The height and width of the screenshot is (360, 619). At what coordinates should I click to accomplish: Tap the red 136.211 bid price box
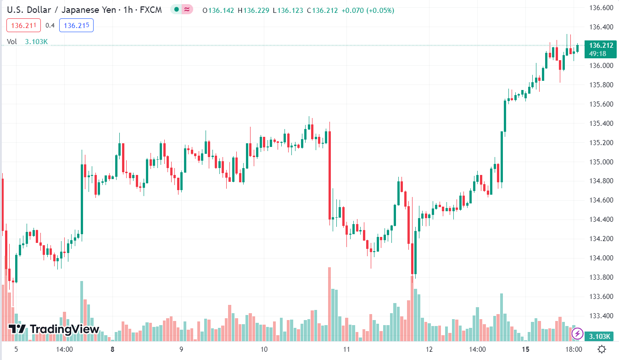(x=24, y=25)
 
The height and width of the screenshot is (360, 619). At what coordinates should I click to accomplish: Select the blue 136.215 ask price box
(x=76, y=25)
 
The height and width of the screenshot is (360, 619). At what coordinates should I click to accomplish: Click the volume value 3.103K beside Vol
(x=36, y=42)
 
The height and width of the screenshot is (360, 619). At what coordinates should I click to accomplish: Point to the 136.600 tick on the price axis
(x=601, y=8)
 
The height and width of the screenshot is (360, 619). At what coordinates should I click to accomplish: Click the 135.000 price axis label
(x=601, y=162)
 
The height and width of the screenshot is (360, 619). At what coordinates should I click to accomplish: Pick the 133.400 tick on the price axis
(x=601, y=315)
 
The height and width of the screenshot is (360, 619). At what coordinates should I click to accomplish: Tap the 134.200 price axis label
(x=601, y=239)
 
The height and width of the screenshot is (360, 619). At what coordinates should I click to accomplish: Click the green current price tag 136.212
(x=601, y=45)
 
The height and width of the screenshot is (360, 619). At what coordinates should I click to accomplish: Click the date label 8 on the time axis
(x=112, y=349)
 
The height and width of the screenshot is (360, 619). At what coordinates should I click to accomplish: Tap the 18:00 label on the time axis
(x=574, y=349)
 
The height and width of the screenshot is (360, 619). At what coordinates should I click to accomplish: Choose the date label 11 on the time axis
(x=347, y=349)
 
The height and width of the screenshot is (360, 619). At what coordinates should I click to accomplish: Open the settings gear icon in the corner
(x=602, y=349)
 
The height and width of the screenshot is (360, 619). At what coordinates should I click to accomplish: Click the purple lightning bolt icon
(x=577, y=333)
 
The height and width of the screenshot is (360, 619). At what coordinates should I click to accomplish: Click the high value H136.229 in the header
(x=253, y=10)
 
